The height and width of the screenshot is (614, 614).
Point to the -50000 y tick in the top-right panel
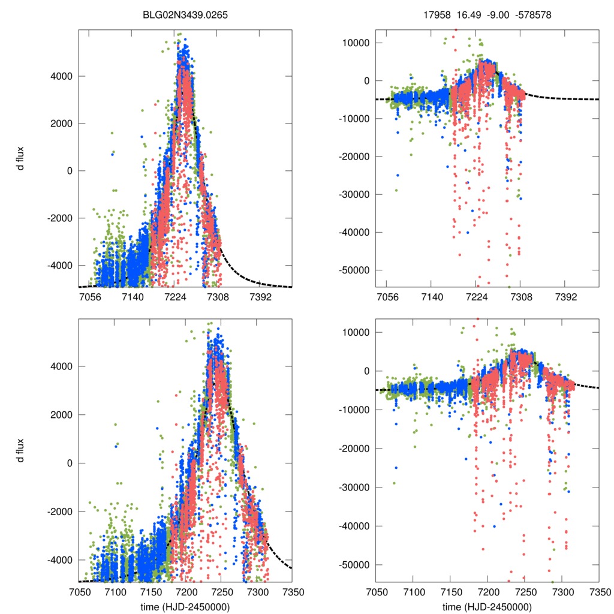(355, 270)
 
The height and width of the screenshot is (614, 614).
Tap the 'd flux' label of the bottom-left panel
(22, 450)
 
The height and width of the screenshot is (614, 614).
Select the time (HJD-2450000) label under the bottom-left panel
(186, 606)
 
